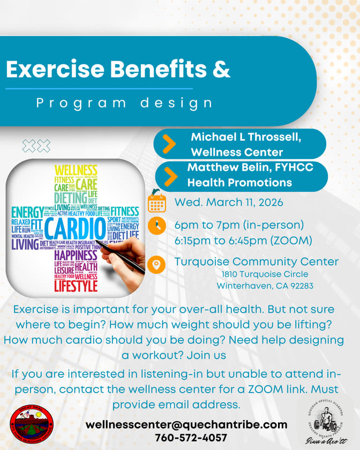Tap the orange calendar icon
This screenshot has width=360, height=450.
coord(156,203)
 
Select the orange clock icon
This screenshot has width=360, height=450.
coord(156,226)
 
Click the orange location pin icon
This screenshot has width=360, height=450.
coord(156,264)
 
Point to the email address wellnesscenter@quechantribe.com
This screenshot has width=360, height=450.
coord(186,424)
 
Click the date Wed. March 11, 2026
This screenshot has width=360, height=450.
coord(228,203)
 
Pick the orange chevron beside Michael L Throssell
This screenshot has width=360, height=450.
coord(169,144)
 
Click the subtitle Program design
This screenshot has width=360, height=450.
coord(124,102)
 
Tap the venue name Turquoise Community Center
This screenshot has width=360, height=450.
coord(256,261)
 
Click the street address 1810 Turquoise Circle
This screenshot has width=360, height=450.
coord(265,274)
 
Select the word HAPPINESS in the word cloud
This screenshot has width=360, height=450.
coord(75,255)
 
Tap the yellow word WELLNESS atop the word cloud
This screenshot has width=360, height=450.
coord(76,170)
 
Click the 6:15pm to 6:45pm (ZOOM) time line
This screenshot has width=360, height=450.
coord(243,241)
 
